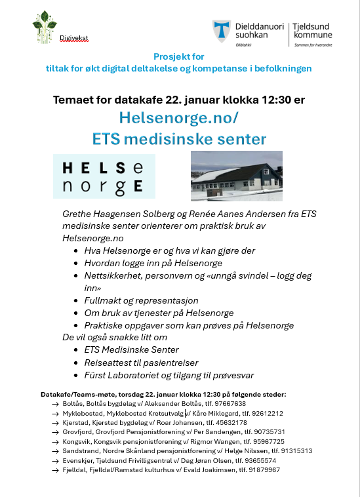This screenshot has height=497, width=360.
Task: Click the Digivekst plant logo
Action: click(45, 28)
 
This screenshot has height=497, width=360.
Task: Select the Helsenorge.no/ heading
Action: click(179, 118)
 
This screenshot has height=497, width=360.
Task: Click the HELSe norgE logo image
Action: click(104, 176)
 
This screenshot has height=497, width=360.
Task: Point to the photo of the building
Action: click(236, 176)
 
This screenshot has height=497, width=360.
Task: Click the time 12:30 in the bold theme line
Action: click(251, 100)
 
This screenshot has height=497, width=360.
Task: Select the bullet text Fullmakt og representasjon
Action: click(141, 300)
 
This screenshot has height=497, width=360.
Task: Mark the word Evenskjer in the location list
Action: click(77, 460)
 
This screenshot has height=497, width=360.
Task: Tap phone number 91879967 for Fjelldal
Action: click(258, 469)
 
